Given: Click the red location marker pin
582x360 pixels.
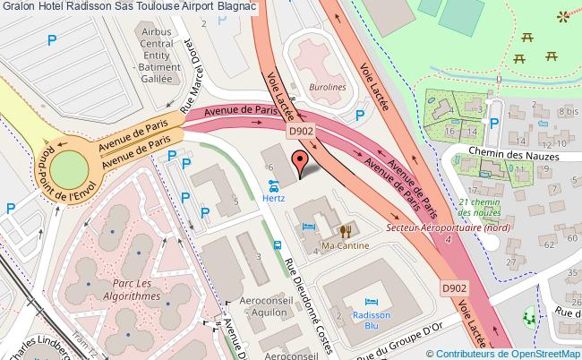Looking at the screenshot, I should (300, 162).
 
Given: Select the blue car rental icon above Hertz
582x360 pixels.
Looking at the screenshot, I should (273, 186).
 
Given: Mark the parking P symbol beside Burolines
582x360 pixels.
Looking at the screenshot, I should (360, 115).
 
